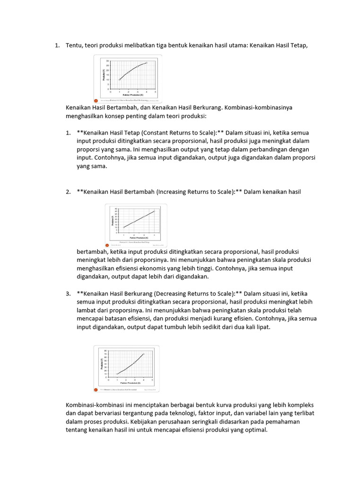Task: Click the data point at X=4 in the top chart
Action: pos(147,63)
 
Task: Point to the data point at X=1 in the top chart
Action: pos(120,80)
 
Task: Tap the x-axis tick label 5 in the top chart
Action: pos(155,92)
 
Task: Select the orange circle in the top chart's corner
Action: pos(97,100)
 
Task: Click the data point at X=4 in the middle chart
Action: pos(154,211)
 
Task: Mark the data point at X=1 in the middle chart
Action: pos(124,227)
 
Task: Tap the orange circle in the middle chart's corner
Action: pos(107,245)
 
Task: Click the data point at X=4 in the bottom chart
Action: pos(143,354)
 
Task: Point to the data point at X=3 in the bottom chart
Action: pos(135,363)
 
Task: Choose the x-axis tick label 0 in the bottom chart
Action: pos(109,379)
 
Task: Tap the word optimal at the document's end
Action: pos(255,430)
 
